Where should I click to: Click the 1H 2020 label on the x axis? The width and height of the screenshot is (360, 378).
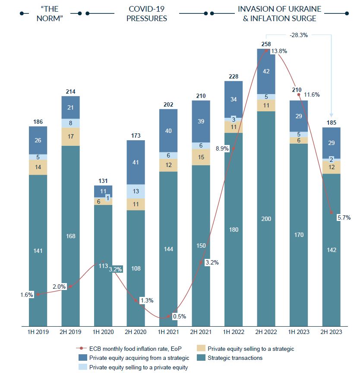coord(103,332)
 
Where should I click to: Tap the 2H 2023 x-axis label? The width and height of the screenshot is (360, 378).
coord(332,332)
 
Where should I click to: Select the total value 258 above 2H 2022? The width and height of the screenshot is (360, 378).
coord(266,44)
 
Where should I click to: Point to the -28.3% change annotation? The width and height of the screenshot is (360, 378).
coord(298,35)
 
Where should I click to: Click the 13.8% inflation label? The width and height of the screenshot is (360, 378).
coord(279,51)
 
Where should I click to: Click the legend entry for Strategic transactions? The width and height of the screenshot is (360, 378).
coord(235,358)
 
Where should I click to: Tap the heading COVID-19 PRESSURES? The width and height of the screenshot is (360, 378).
coord(147,13)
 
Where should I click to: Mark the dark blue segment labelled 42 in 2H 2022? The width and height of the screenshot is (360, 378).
coord(266,71)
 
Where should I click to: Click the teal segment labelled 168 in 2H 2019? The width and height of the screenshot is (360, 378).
coord(71,236)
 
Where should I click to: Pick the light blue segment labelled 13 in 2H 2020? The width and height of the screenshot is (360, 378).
coord(136,191)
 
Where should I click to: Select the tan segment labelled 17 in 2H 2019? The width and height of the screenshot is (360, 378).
coord(71,136)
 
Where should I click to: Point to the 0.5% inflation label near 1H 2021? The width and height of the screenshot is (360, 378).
coord(179,316)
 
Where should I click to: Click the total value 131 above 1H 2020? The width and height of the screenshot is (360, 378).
coord(103,181)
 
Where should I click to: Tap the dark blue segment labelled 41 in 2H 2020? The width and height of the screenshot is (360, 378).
coord(136,162)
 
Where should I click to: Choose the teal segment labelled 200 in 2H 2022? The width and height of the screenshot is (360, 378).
coord(266,219)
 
